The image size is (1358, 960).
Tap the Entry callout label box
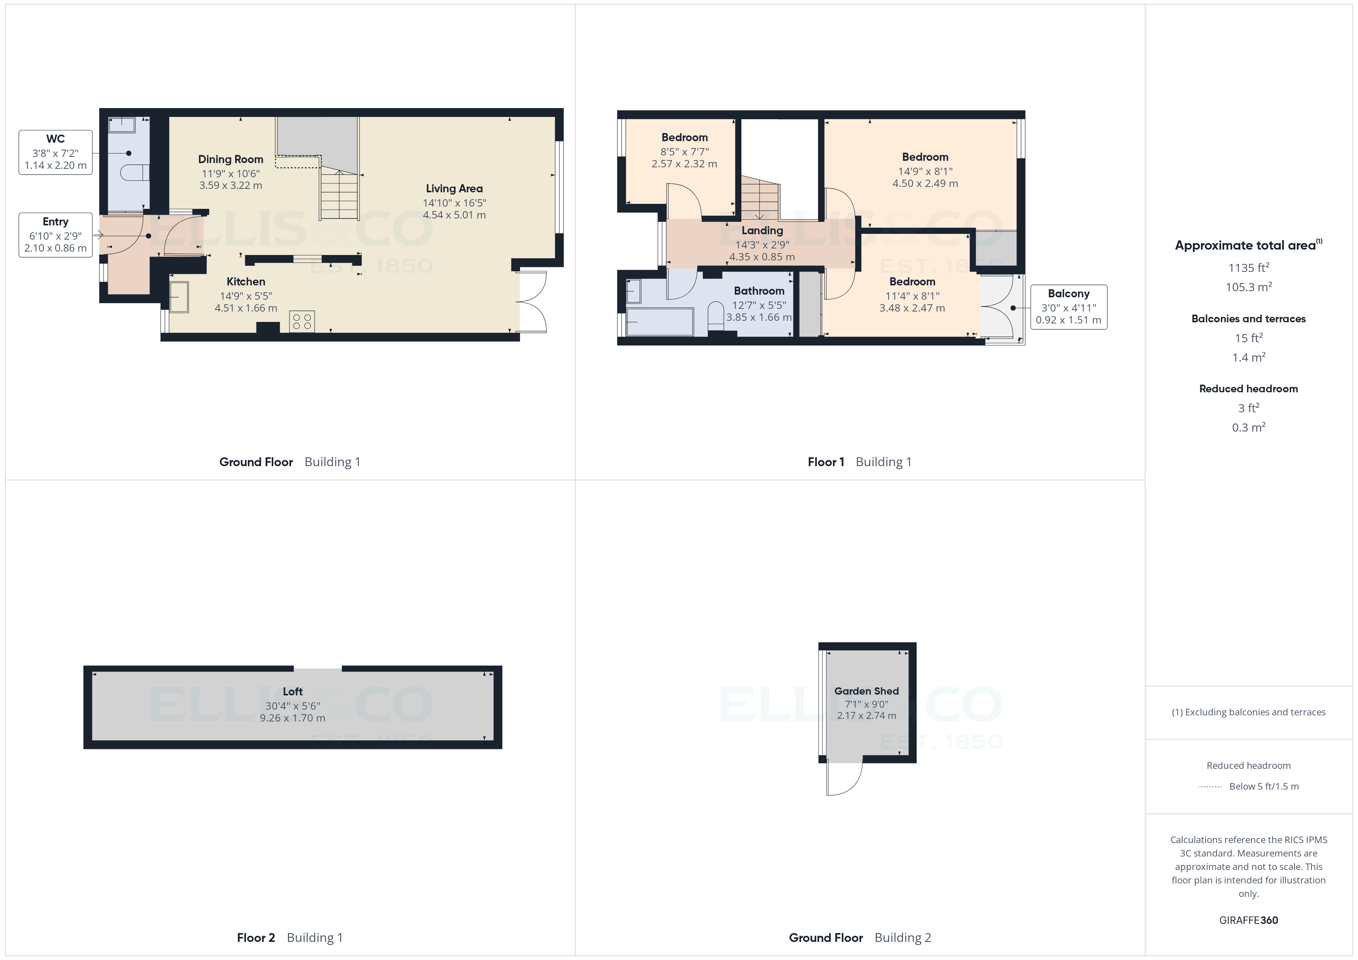click(55, 235)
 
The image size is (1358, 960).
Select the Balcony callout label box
click(1068, 307)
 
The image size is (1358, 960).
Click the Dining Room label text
click(231, 159)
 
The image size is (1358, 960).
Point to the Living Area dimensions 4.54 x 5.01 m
click(454, 215)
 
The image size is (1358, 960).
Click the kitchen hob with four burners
click(302, 322)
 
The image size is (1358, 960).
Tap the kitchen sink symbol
click(179, 297)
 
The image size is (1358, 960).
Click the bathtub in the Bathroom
click(659, 322)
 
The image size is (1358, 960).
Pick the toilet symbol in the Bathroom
click(716, 314)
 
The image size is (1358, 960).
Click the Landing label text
click(762, 230)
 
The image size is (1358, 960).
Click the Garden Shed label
click(866, 691)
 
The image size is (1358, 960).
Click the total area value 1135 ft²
click(1249, 268)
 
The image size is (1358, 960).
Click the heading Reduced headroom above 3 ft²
click(1249, 388)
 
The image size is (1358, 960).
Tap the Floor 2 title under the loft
click(256, 938)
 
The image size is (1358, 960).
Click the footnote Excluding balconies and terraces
click(1249, 712)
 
